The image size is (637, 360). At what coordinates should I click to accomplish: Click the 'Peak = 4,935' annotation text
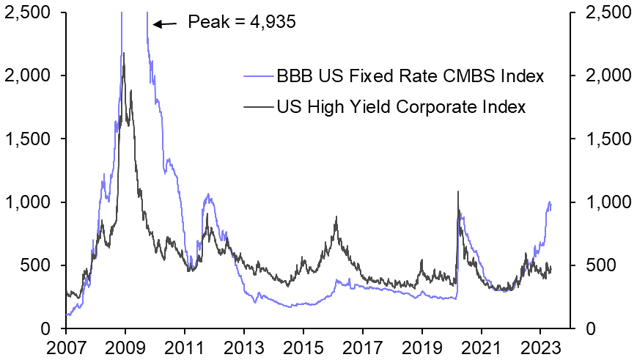tap(242, 22)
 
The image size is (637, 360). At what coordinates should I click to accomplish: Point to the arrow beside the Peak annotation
tap(165, 24)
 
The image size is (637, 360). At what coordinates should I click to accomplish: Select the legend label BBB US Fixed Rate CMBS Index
tap(410, 76)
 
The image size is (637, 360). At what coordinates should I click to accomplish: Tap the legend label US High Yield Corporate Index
tap(401, 108)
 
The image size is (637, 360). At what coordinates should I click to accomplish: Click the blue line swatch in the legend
tap(258, 76)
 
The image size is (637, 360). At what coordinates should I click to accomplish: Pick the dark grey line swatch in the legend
tap(258, 108)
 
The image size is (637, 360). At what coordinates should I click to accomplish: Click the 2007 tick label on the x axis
tap(65, 346)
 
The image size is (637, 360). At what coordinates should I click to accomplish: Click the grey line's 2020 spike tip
tap(458, 192)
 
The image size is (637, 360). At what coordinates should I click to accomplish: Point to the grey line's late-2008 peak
tap(123, 53)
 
